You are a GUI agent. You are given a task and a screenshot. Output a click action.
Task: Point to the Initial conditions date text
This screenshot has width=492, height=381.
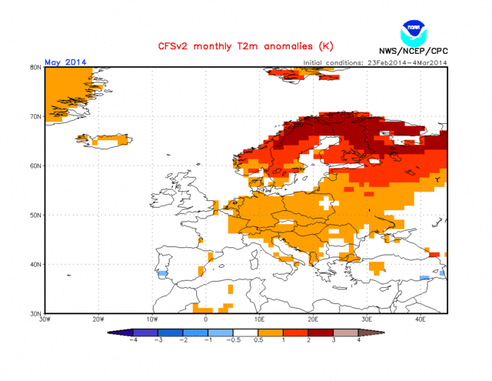(x=375, y=62)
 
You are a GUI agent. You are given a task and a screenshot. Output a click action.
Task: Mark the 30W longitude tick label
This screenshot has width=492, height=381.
(x=45, y=319)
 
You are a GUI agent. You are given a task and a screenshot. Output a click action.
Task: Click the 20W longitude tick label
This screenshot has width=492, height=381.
(x=98, y=319)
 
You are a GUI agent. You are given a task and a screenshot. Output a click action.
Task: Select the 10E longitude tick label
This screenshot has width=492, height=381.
(x=260, y=319)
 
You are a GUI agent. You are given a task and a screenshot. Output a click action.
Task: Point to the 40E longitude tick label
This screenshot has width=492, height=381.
(x=421, y=319)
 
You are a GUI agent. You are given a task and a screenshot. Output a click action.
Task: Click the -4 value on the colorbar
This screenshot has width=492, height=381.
(x=133, y=339)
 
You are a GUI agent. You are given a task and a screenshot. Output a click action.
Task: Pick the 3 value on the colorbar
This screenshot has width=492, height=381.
(x=334, y=339)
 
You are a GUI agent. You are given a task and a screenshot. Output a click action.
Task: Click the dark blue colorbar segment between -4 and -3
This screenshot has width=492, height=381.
(x=145, y=332)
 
